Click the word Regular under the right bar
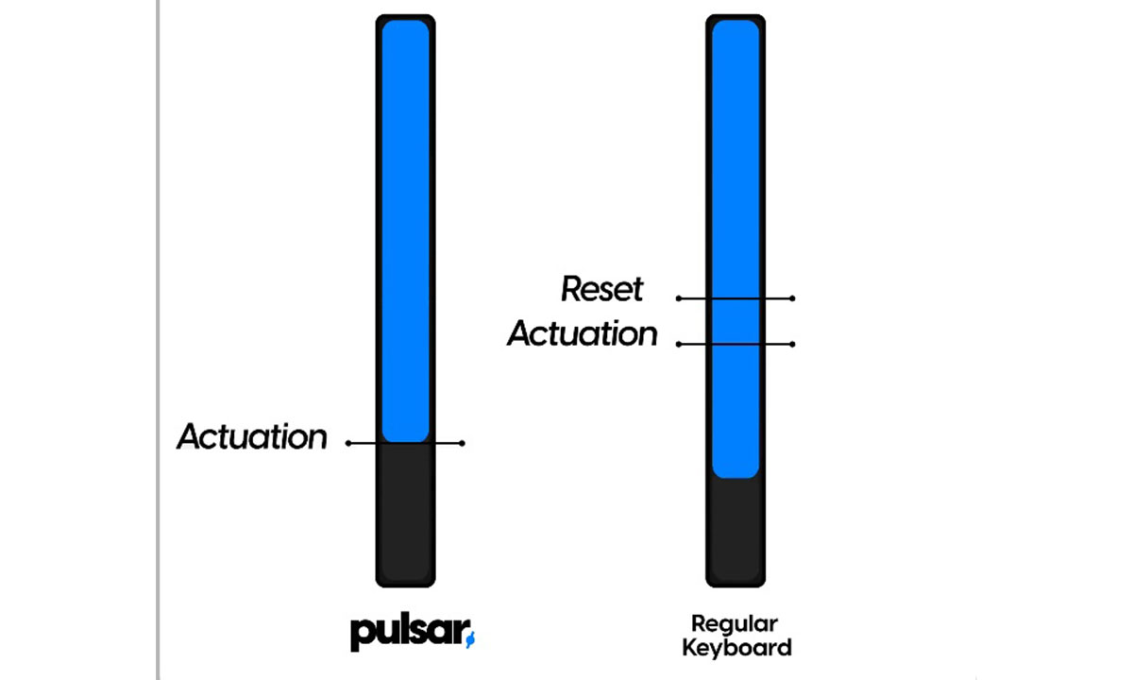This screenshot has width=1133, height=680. [x=735, y=624]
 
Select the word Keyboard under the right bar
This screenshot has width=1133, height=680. [x=736, y=648]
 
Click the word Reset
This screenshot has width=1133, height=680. [x=602, y=289]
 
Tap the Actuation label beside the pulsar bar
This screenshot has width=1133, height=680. [x=252, y=437]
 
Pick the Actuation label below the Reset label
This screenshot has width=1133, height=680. [x=583, y=333]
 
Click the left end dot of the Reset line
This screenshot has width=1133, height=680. [x=679, y=298]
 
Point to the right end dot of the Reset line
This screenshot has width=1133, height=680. [x=792, y=298]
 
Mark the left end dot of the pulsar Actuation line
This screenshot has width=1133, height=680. [x=348, y=443]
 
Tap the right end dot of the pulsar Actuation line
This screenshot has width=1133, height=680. [x=463, y=443]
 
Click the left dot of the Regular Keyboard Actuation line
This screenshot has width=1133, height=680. [x=679, y=344]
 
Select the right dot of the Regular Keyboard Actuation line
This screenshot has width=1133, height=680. [x=792, y=344]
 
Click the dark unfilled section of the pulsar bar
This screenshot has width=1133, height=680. [x=406, y=510]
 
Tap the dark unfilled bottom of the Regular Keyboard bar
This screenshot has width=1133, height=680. [x=736, y=529]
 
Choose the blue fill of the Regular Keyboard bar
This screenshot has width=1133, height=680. [x=736, y=189]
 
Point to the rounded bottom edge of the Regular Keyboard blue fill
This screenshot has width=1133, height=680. [x=736, y=476]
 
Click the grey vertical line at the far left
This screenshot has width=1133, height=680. [x=157, y=340]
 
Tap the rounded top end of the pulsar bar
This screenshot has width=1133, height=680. [x=406, y=19]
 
